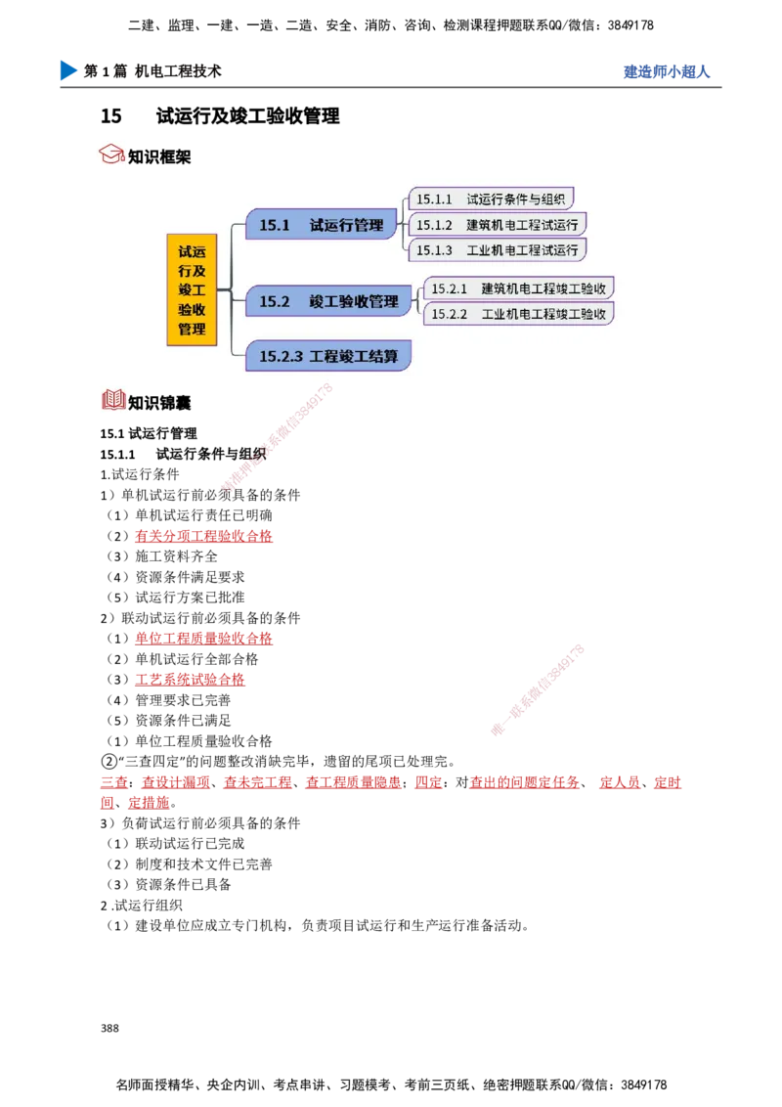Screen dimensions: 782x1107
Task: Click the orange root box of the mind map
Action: (x=192, y=289)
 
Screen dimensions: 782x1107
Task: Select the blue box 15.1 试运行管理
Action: (x=322, y=225)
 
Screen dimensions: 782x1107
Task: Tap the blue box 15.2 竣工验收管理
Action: (x=328, y=301)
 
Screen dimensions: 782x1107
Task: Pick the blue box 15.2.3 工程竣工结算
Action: (x=328, y=356)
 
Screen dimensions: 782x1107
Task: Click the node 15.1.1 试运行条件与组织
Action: (x=492, y=199)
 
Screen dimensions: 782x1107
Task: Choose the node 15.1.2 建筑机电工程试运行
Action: (x=498, y=225)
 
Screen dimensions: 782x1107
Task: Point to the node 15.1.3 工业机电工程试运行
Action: (x=498, y=250)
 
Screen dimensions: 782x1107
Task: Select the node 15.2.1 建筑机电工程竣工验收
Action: (x=519, y=288)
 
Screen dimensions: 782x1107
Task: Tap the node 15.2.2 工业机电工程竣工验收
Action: (x=519, y=314)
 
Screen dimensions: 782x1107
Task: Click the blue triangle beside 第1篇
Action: (x=68, y=70)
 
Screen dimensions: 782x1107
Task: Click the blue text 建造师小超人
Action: (x=667, y=71)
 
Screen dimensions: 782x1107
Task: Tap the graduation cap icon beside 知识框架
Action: (x=111, y=154)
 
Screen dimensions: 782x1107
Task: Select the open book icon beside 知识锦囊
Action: (x=113, y=400)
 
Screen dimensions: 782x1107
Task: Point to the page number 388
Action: (x=109, y=1028)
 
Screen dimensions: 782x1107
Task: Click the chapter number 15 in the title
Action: (x=110, y=115)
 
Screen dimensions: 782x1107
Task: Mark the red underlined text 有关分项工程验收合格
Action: (x=203, y=536)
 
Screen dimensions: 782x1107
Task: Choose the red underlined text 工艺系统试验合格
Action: (x=190, y=680)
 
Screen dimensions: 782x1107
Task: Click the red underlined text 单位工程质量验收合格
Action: (x=203, y=639)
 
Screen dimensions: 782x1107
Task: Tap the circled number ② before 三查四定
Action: (x=109, y=762)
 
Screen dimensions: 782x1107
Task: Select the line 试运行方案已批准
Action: (x=176, y=598)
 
